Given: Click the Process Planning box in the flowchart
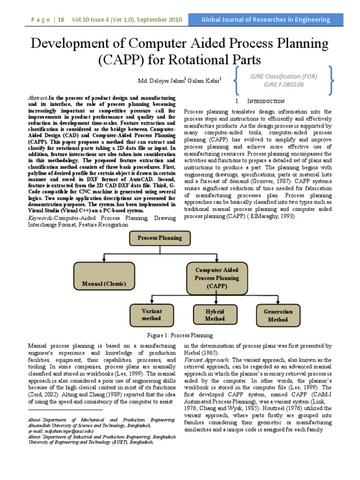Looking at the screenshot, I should (x=159, y=238).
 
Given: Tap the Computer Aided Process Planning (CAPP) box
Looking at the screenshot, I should (x=217, y=278).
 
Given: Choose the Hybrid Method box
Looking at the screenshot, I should (x=215, y=315).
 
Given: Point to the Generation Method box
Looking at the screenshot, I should (x=278, y=315).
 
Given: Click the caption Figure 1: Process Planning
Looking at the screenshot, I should (x=180, y=335).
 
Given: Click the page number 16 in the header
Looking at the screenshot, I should (x=62, y=20).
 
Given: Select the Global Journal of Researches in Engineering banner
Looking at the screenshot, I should (x=265, y=20).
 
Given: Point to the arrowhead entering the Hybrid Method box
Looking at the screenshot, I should (x=215, y=303).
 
